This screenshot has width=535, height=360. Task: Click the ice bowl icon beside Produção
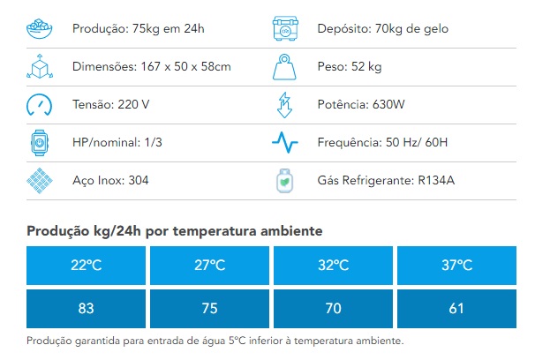pos(39,28)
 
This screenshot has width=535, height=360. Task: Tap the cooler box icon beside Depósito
pos(285,28)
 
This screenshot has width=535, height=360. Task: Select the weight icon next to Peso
pos(284,67)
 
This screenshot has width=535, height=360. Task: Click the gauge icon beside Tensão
pos(39,105)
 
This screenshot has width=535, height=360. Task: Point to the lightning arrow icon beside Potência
pos(284,105)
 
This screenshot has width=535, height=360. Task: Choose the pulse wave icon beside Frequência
pos(285,142)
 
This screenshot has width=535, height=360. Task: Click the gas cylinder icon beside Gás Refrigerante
pos(284,181)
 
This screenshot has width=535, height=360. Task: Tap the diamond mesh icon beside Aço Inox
pos(40,181)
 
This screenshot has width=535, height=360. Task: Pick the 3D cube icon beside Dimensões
pos(40,66)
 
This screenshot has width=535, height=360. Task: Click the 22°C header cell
pos(86,266)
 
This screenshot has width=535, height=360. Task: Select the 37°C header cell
pos(456,266)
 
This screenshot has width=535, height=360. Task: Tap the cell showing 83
pos(86,309)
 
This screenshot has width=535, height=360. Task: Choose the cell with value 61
pos(456,309)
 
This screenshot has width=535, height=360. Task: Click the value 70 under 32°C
pos(334,309)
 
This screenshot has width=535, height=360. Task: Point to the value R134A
pos(436,180)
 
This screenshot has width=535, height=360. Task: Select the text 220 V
pos(133,104)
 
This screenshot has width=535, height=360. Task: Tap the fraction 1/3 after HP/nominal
pos(154,142)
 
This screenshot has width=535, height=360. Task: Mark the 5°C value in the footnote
pos(237,341)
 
